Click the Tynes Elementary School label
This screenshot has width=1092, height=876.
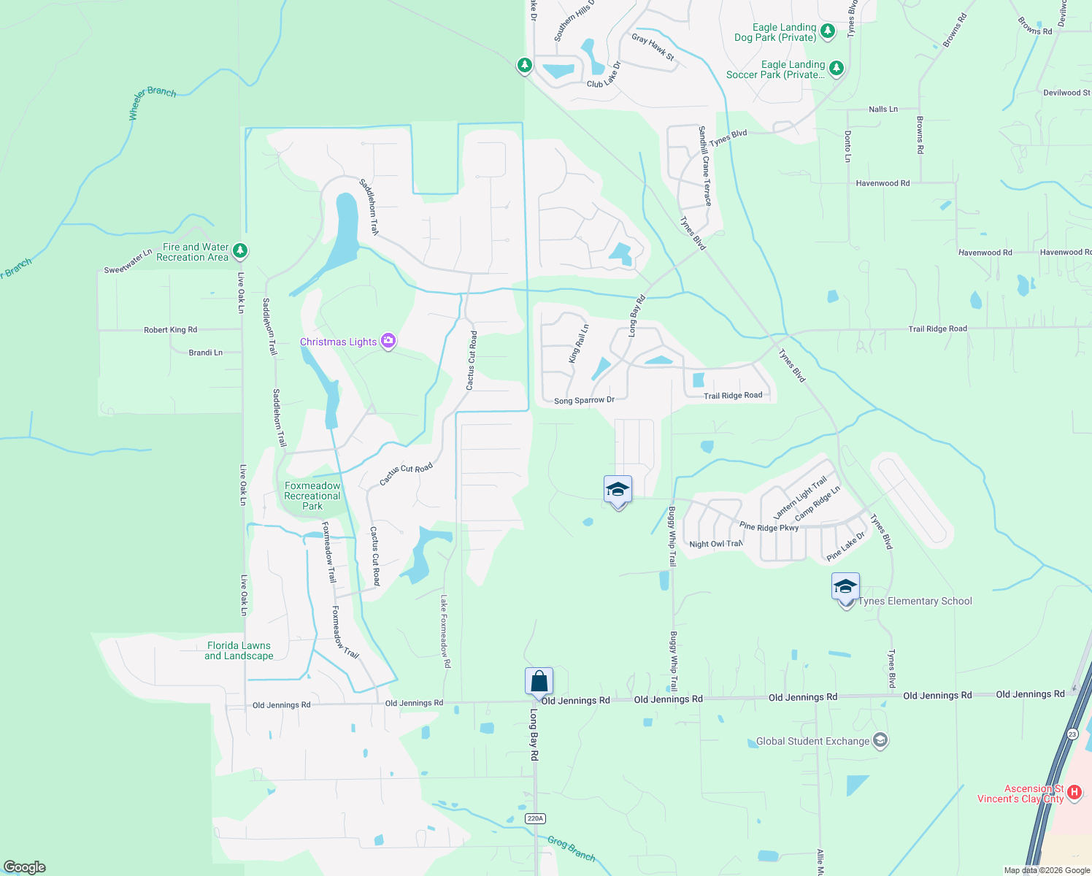point(915,601)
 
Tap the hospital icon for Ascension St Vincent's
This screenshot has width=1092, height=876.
point(1074,792)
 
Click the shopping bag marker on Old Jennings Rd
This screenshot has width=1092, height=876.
point(539,682)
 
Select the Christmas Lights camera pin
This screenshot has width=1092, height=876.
point(388,341)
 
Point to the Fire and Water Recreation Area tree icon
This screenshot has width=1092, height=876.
point(240,251)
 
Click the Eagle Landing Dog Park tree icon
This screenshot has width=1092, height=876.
point(827,31)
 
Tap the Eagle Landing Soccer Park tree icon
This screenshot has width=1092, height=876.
point(837,69)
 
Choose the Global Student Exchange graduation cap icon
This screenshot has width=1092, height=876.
point(880,741)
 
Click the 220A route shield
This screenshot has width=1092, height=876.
point(535,818)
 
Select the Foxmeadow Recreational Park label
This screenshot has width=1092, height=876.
point(312,496)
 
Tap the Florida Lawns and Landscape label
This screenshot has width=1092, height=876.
point(239,650)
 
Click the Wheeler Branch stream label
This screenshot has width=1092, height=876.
point(152,101)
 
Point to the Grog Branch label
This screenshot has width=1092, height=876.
point(571,848)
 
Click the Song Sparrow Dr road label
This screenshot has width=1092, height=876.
point(584,401)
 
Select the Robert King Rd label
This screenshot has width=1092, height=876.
point(170,330)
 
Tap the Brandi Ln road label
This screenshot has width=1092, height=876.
point(205,353)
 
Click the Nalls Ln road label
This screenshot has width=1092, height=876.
point(883,109)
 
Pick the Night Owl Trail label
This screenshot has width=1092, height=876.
point(715,544)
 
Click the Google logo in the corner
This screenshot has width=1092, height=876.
point(24,867)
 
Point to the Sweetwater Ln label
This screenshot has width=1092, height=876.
point(128,261)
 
